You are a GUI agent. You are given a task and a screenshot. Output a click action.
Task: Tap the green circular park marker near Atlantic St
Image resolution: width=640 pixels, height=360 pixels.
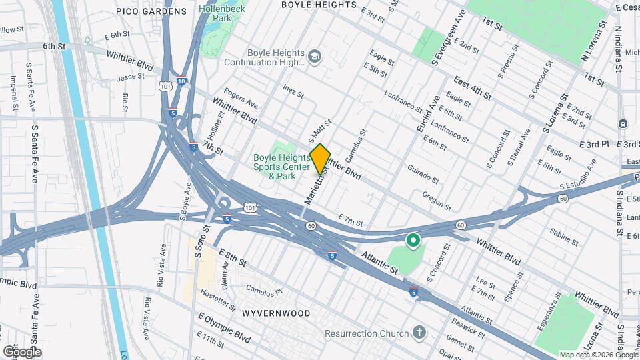tap(413, 240)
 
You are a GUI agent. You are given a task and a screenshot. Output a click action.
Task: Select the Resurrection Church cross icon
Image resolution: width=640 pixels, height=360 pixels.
tap(419, 332)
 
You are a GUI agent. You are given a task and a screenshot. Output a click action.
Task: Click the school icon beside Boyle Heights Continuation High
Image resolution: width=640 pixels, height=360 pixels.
tap(314, 58)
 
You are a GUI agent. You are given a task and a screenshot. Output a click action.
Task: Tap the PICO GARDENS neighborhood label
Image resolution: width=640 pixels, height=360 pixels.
tap(151, 11)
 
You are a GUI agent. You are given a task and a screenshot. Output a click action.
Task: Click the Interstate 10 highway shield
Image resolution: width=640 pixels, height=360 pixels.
tap(182, 81)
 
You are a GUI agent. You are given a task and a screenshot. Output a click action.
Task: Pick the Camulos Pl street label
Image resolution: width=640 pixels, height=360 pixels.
tap(265, 291)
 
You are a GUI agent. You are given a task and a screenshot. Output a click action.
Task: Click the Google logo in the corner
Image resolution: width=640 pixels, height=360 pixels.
tap(22, 351)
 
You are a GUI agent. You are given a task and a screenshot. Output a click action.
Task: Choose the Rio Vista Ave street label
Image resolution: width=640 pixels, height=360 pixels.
tap(161, 265)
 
